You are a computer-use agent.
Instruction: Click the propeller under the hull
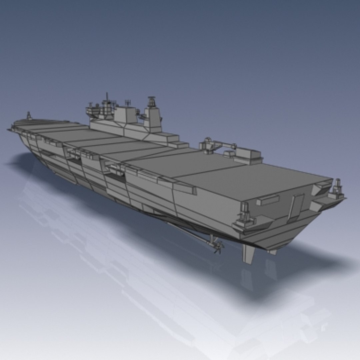pos(218,247)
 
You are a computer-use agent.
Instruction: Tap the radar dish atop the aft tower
pos(152,100)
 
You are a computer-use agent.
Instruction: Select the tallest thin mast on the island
pos(107,98)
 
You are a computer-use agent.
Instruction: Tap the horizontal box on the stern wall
pos(267,200)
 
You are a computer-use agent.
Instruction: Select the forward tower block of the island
pos(125,115)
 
